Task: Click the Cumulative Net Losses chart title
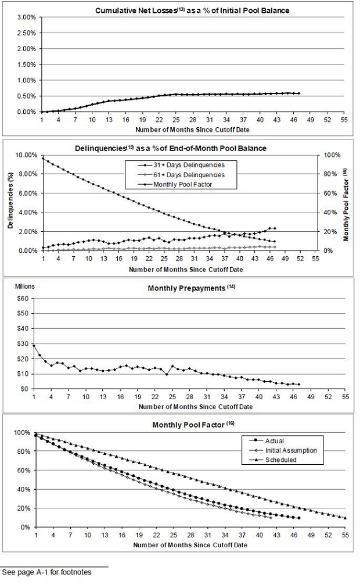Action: coord(192,10)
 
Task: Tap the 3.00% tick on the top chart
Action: coord(27,17)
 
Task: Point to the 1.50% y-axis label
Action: coord(27,64)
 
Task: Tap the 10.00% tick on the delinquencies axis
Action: coord(26,155)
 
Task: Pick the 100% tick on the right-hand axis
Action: coord(332,155)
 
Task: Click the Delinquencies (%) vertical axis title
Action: coord(10,200)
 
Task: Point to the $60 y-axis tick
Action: coord(23,298)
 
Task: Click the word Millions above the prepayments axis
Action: coord(25,286)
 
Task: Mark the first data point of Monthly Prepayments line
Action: coord(34,346)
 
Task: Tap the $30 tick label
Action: coord(23,344)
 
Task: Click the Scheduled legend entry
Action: coord(273,460)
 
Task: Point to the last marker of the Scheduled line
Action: coord(345,518)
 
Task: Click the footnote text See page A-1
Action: coord(47,572)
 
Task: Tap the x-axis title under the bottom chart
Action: coord(190,545)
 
